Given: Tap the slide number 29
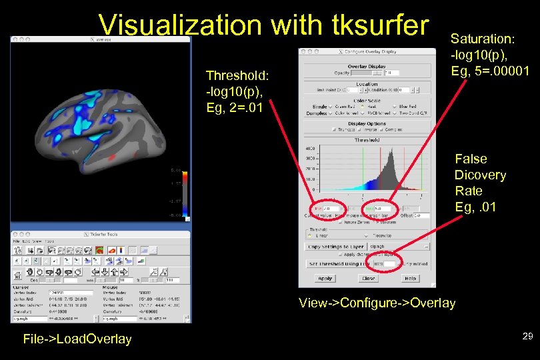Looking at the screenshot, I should (x=527, y=337).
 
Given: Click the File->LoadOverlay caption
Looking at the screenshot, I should (x=77, y=339).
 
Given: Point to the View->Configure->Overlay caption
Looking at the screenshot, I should (x=377, y=303).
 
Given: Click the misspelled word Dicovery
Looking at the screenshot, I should (x=480, y=175).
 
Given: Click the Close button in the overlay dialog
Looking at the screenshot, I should (x=368, y=279).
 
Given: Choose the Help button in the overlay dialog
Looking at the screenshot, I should (x=411, y=279).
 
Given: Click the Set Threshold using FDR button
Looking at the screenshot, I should (x=339, y=264).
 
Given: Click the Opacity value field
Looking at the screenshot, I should (x=390, y=73).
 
